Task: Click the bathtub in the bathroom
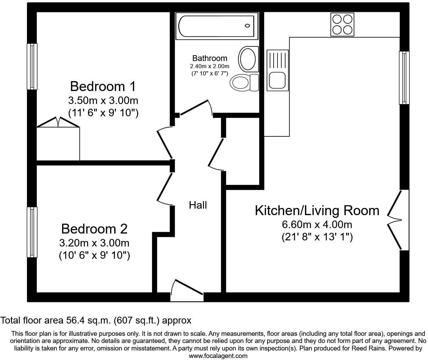point(216,26)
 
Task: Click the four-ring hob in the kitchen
point(342,24)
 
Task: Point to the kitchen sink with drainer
point(278,70)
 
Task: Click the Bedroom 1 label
point(103,86)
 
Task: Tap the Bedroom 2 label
point(94,228)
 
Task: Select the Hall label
point(198,205)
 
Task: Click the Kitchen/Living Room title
point(317,210)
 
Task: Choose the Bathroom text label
point(210,58)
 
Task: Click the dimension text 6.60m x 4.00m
point(317,225)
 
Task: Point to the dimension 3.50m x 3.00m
point(103,101)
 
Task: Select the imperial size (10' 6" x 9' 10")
point(94,255)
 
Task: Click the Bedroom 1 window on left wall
point(32,66)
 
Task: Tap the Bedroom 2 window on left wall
point(32,232)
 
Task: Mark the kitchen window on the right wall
point(404,77)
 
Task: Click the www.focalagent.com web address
point(218,356)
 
